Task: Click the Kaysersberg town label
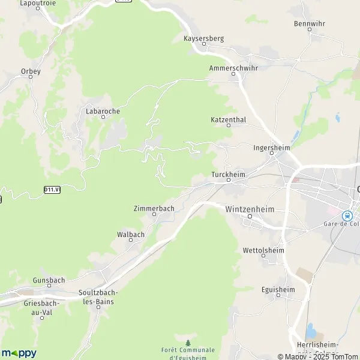pyautogui.click(x=203, y=38)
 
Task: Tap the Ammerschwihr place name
pyautogui.click(x=234, y=68)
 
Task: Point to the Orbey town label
pyautogui.click(x=31, y=71)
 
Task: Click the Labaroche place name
pyautogui.click(x=103, y=111)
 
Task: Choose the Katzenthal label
pyautogui.click(x=229, y=120)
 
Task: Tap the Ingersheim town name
pyautogui.click(x=272, y=148)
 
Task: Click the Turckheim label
pyautogui.click(x=229, y=175)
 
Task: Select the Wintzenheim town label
pyautogui.click(x=250, y=209)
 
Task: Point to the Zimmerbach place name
pyautogui.click(x=154, y=208)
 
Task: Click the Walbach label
pyautogui.click(x=131, y=235)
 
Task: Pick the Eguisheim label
pyautogui.click(x=278, y=289)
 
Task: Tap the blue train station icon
pyautogui.click(x=346, y=215)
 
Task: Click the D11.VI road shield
pyautogui.click(x=52, y=190)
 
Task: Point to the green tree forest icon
pyautogui.click(x=188, y=343)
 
